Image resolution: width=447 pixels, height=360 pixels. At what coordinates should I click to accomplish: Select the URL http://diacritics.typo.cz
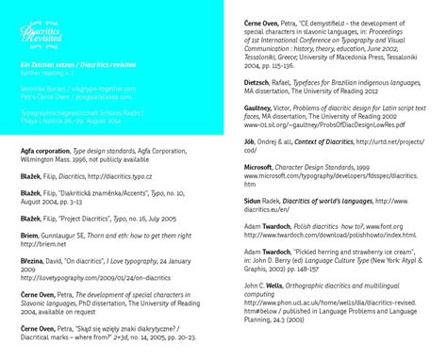point(118,175)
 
